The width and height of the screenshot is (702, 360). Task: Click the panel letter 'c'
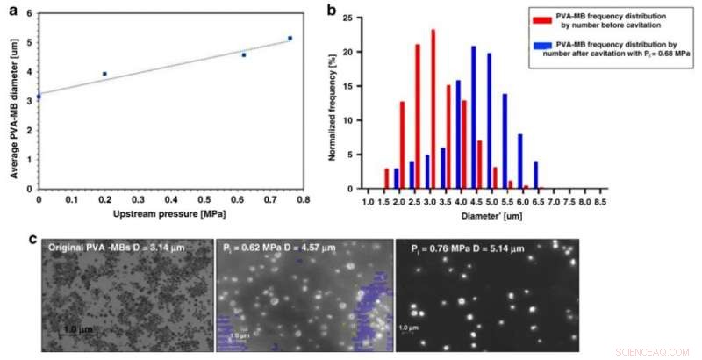(33, 238)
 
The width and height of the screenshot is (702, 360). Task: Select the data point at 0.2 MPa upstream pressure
(105, 74)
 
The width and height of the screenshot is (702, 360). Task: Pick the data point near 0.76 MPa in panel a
(290, 38)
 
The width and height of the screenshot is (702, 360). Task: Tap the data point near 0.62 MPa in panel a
(244, 54)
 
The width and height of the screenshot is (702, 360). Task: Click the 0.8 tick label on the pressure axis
(303, 199)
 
